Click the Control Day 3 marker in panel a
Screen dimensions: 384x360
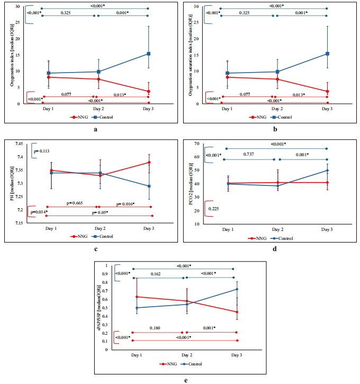point(149,53)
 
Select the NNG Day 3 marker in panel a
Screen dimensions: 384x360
point(149,91)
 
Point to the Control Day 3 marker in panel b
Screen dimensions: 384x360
point(328,53)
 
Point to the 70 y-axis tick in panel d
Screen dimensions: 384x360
point(195,144)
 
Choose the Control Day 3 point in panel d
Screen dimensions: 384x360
point(327,171)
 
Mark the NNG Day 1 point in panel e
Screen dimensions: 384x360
point(137,297)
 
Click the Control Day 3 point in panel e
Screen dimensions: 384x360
point(236,289)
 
